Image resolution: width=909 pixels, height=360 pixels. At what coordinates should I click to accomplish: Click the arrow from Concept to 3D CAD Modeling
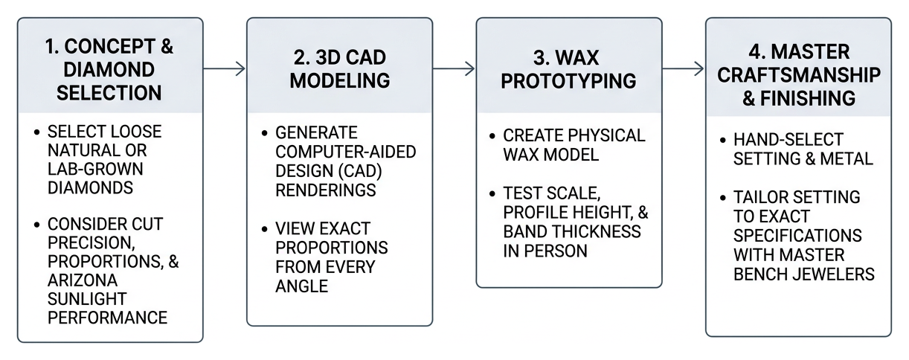224,69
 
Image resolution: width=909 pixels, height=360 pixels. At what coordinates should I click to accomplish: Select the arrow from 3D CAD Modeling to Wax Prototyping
454,69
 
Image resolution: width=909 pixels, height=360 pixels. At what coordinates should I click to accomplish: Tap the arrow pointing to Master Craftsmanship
684,69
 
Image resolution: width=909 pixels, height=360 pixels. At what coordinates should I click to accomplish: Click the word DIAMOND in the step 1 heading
109,70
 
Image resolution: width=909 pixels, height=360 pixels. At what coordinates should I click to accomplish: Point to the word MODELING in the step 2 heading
340,80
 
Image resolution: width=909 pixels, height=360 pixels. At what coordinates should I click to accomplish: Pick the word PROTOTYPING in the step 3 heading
568,81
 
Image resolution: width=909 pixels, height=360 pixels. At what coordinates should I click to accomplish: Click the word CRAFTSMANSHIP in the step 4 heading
799,75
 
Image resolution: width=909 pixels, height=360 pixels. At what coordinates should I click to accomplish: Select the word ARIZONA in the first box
83,280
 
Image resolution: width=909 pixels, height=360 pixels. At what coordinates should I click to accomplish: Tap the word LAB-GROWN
95,170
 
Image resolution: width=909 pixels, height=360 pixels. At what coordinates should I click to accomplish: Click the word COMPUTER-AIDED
346,152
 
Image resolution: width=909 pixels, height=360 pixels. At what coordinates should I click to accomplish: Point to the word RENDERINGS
326,190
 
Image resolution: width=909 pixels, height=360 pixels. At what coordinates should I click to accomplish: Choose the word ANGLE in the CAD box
301,286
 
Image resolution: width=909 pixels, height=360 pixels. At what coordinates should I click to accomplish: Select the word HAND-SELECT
788,140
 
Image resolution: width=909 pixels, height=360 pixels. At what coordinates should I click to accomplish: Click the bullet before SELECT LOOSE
37,132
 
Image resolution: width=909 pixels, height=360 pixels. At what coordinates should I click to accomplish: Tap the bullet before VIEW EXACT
265,229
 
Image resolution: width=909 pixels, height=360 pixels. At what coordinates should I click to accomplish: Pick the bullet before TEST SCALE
492,194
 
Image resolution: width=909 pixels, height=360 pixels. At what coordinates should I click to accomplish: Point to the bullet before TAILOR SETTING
723,198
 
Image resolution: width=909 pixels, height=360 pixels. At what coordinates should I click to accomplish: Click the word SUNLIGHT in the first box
87,299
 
